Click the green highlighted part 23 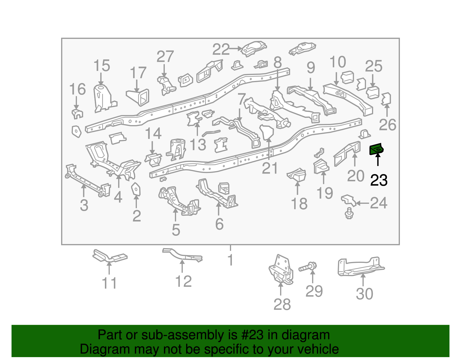tap(376, 149)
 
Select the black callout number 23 tap(379, 180)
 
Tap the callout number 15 tap(102, 66)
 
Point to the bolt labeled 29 tap(308, 267)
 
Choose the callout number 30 tap(364, 294)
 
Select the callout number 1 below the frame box tap(230, 260)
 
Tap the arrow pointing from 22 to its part tap(236, 48)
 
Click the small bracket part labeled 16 tap(77, 114)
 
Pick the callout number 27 tap(165, 56)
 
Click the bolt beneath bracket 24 tap(349, 214)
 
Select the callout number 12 tap(184, 281)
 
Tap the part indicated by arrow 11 tap(109, 256)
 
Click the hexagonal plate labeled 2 tap(136, 189)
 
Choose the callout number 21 tap(270, 168)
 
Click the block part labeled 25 tap(373, 92)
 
